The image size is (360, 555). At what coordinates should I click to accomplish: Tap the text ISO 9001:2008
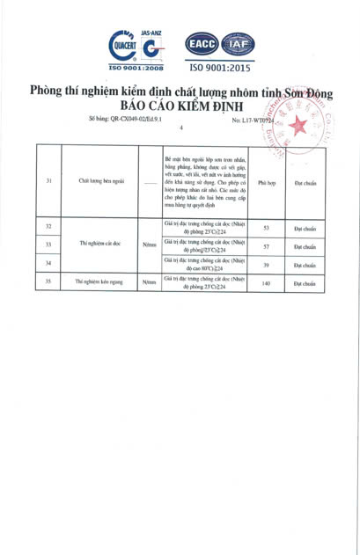click(x=136, y=66)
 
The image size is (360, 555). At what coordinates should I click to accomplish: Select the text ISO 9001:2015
click(x=219, y=67)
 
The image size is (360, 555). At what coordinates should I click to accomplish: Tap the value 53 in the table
click(x=266, y=227)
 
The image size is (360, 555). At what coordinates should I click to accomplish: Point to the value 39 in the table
click(x=266, y=265)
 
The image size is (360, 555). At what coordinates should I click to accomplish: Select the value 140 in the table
click(x=266, y=283)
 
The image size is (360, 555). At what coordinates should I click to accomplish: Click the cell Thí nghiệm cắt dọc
click(x=98, y=245)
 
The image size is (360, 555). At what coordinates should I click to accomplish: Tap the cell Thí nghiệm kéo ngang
click(x=98, y=283)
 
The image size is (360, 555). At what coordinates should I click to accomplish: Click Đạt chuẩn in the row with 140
click(x=305, y=283)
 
